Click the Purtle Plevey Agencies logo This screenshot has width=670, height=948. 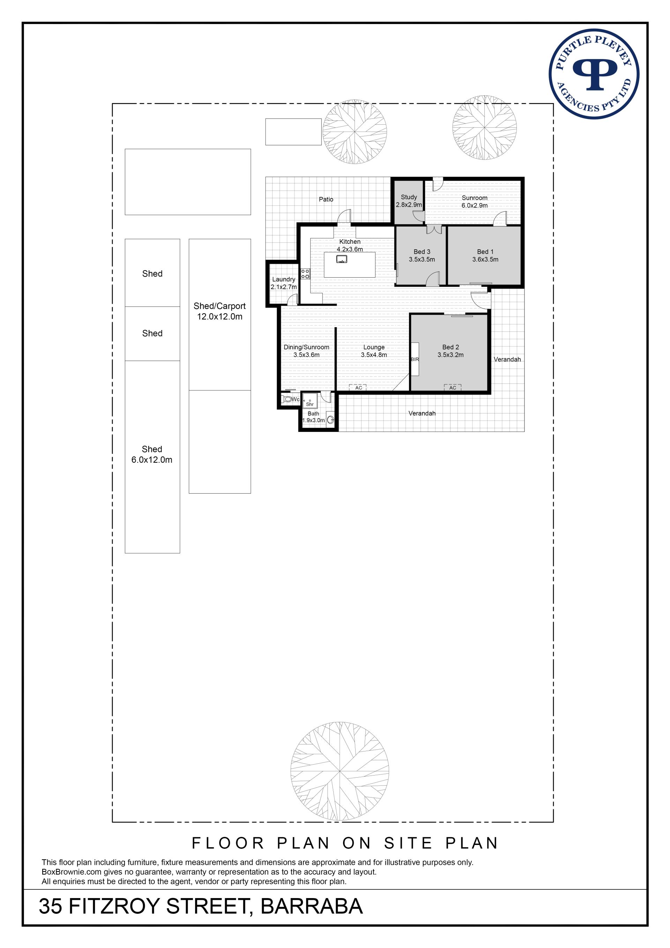click(x=594, y=74)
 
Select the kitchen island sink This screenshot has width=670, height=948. click(x=342, y=259)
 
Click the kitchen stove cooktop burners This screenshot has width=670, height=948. click(x=305, y=274)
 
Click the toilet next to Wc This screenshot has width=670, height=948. click(x=286, y=399)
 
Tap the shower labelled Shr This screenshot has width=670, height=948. click(x=310, y=401)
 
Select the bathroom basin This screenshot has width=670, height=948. click(x=330, y=420)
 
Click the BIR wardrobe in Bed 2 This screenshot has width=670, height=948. click(x=415, y=359)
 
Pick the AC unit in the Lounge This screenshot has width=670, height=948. click(x=358, y=388)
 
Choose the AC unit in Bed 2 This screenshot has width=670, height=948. click(x=453, y=388)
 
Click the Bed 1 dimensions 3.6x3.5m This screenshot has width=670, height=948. click(x=485, y=260)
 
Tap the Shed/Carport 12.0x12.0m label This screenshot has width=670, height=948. click(x=219, y=311)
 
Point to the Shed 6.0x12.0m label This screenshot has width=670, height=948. click(x=152, y=455)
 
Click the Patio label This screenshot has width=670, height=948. click(x=326, y=199)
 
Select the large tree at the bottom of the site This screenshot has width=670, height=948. click(x=340, y=772)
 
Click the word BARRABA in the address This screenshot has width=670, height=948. click(x=312, y=907)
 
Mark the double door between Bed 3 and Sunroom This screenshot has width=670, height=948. click(x=434, y=229)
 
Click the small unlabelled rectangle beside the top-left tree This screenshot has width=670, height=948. click(x=293, y=132)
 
